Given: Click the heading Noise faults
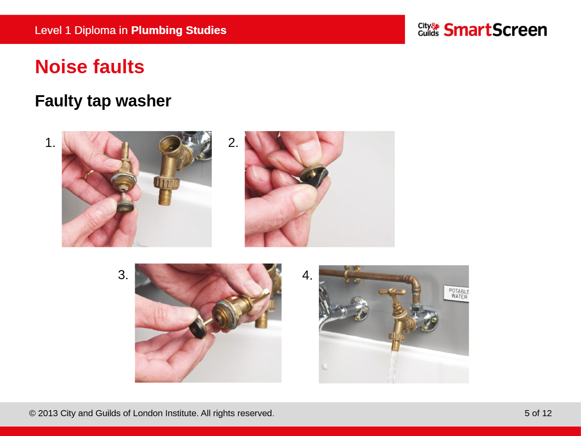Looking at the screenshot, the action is click(90, 66).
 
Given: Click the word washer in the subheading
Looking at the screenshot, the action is click(143, 101).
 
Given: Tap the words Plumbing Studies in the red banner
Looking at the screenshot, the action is click(179, 30).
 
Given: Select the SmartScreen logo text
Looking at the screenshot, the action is click(495, 30).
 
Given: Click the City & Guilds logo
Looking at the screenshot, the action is click(429, 29).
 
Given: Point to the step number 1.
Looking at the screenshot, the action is click(50, 143).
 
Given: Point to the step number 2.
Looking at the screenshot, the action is click(233, 143).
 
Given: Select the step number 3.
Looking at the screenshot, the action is click(123, 275).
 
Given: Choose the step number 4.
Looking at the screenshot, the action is click(307, 275).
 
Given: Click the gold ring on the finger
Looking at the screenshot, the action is click(88, 175).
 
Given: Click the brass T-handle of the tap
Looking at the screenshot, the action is click(392, 292).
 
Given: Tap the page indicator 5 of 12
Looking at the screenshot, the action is click(538, 413).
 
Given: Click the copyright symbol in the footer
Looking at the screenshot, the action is click(32, 414).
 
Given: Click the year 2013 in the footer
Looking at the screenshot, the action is click(48, 413).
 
